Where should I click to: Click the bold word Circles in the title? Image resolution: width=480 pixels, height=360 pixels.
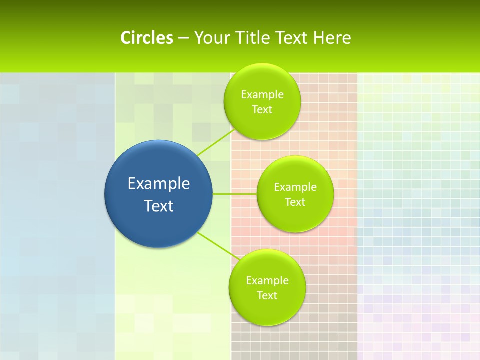tap(146, 38)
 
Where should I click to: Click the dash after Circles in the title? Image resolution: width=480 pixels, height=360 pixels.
tap(183, 38)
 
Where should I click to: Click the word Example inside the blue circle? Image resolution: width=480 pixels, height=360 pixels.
tap(158, 183)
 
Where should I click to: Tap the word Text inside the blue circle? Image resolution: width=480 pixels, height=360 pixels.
tap(158, 206)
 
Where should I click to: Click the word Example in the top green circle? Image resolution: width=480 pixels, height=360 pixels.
tap(262, 94)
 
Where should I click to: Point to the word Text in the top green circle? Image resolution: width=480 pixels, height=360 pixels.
tap(262, 109)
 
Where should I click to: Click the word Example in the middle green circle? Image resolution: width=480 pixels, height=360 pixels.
tap(295, 187)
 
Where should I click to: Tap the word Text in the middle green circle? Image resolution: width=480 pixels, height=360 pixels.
tap(295, 202)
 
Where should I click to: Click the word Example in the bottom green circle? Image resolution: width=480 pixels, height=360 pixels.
tap(267, 280)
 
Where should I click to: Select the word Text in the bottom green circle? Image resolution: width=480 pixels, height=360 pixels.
tap(267, 295)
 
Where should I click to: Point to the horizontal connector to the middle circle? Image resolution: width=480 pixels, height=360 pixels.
tap(235, 193)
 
